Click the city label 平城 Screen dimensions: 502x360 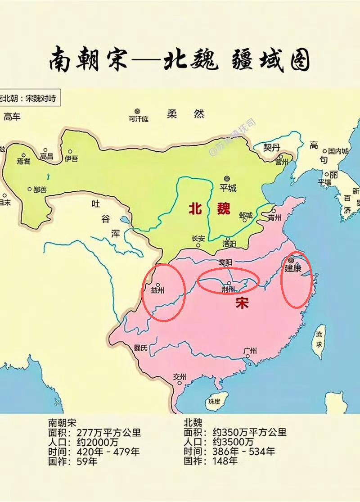tap(228, 188)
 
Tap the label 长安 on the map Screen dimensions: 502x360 tap(198, 239)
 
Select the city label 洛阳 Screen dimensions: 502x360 tap(229, 244)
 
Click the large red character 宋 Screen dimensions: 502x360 tap(242, 303)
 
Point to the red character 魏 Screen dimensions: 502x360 tap(223, 208)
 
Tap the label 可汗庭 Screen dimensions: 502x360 tap(138, 119)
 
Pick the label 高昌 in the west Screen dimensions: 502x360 tap(46, 157)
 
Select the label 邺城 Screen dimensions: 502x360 tap(246, 215)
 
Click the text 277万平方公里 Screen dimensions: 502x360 tap(109, 433)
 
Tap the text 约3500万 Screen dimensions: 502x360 tap(233, 442)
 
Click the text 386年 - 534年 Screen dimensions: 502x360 tap(243, 451)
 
